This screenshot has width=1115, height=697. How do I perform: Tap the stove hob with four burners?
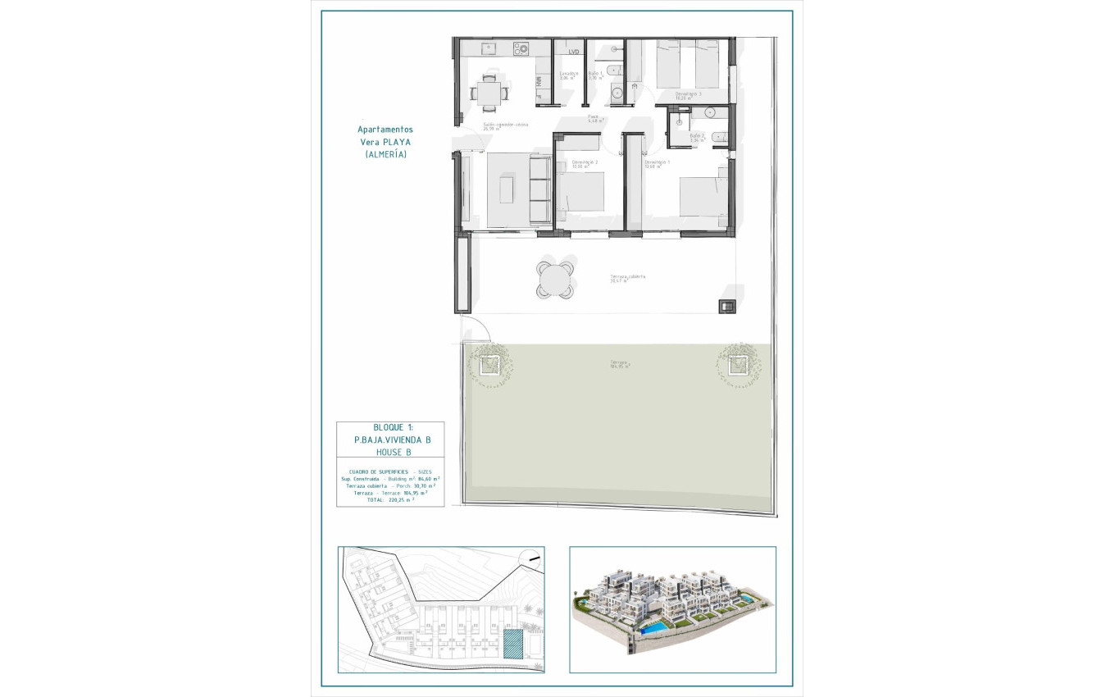pyautogui.click(x=521, y=49)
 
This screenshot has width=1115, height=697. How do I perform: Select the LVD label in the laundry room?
pyautogui.click(x=573, y=52)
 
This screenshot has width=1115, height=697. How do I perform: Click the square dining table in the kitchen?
pyautogui.click(x=489, y=90)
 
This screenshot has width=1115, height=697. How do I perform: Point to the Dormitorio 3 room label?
pyautogui.click(x=688, y=95)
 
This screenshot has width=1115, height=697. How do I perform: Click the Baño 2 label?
pyautogui.click(x=697, y=137)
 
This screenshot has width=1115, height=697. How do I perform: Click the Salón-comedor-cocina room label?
pyautogui.click(x=505, y=125)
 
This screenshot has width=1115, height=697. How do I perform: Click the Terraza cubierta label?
pyautogui.click(x=627, y=277)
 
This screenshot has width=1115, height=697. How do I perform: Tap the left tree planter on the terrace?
pyautogui.click(x=490, y=362)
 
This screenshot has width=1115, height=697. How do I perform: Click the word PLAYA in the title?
pyautogui.click(x=396, y=142)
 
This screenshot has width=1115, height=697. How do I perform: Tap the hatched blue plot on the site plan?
pyautogui.click(x=512, y=645)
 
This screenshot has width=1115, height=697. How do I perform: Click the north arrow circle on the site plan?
pyautogui.click(x=534, y=558)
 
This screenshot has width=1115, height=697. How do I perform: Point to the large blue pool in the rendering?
pyautogui.click(x=653, y=627)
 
